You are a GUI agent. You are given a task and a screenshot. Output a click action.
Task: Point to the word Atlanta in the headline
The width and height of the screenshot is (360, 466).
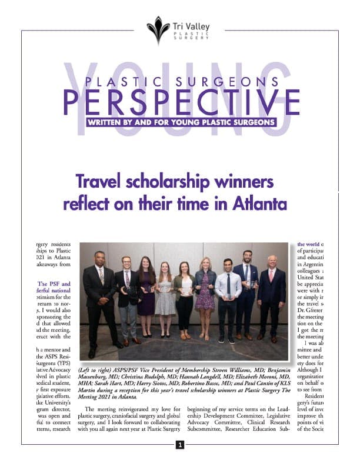(255, 204)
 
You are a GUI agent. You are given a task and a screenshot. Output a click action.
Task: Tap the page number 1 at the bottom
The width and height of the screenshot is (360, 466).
(180, 445)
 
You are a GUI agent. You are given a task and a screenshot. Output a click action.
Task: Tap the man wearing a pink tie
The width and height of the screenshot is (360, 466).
(271, 297)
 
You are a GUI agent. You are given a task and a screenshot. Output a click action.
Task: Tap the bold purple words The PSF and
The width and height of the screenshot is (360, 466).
(49, 283)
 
